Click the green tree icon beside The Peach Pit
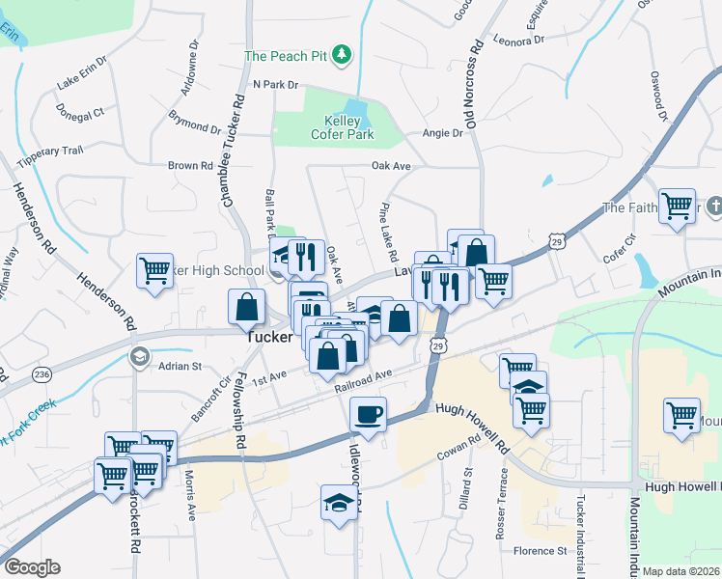[x=341, y=56]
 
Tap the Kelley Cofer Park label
[x=343, y=127]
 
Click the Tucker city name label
[x=269, y=337]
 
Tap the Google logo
[x=32, y=567]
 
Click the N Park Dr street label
[x=276, y=85]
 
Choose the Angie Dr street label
[x=443, y=134]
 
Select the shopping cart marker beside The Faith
[x=678, y=206]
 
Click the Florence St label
[x=541, y=551]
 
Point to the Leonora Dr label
[x=518, y=41]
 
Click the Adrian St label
[x=180, y=367]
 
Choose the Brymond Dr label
[x=195, y=125]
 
